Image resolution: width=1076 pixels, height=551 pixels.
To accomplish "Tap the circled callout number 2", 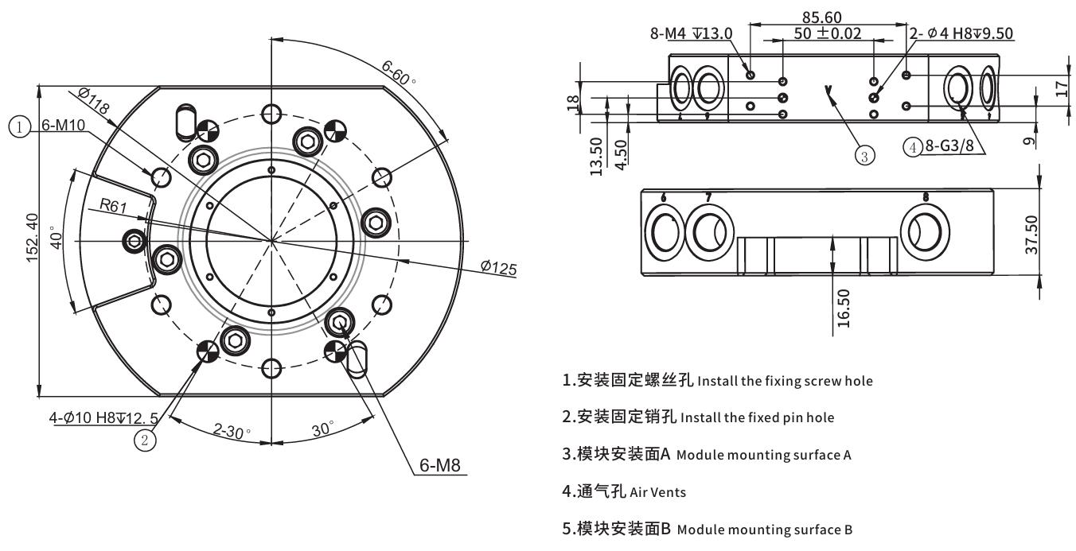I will pyautogui.click(x=144, y=439).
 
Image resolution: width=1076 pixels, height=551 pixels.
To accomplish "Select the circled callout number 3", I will pyautogui.click(x=864, y=154).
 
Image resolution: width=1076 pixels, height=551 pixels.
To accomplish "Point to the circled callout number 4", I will pyautogui.click(x=913, y=147).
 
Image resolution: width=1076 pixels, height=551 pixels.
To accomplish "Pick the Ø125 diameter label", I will pyautogui.click(x=498, y=268).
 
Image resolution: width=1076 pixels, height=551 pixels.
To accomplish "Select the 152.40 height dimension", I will pyautogui.click(x=31, y=239).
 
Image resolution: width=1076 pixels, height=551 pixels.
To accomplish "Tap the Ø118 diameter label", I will pyautogui.click(x=94, y=101).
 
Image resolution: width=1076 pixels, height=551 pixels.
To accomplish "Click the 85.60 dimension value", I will pyautogui.click(x=822, y=17).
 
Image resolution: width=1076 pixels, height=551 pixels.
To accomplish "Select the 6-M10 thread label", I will pyautogui.click(x=64, y=126).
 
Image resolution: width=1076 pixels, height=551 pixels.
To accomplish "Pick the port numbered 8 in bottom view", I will pyautogui.click(x=925, y=233).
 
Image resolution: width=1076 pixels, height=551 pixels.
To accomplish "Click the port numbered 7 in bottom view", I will pyautogui.click(x=708, y=232).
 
